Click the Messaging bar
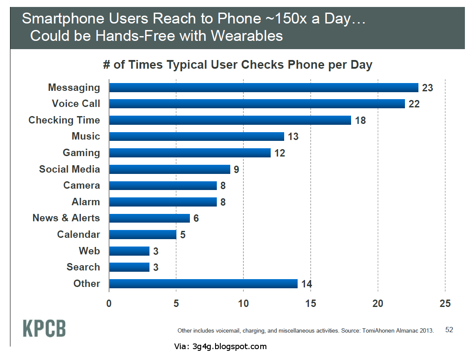[263, 87]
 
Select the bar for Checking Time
[230, 120]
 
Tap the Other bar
[203, 283]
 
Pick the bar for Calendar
[143, 234]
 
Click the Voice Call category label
[76, 103]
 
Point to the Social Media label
[70, 169]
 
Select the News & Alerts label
[66, 218]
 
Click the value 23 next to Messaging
[428, 88]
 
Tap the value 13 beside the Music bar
[293, 137]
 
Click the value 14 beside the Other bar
[306, 284]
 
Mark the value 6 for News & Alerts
[196, 218]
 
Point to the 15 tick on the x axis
[311, 303]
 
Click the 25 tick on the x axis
[445, 303]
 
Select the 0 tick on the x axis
[109, 303]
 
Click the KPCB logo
[44, 328]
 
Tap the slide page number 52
[449, 330]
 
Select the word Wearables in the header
[247, 35]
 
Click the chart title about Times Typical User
[238, 65]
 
